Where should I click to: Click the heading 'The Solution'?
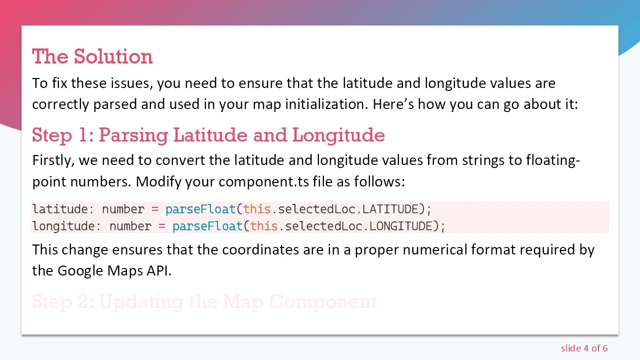click(92, 56)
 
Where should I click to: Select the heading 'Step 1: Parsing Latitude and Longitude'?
click(208, 135)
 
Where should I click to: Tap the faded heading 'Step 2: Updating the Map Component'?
click(204, 301)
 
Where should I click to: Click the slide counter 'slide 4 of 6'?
click(584, 348)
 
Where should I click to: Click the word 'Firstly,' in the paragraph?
click(53, 160)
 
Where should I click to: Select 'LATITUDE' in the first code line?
click(390, 209)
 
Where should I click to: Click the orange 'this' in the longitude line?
click(263, 226)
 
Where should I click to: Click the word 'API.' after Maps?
click(159, 270)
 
